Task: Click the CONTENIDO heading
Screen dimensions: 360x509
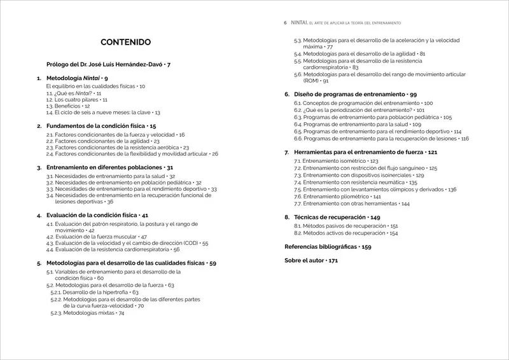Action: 126,43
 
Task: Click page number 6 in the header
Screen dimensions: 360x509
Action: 286,22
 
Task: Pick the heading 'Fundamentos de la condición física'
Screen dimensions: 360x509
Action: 96,126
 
